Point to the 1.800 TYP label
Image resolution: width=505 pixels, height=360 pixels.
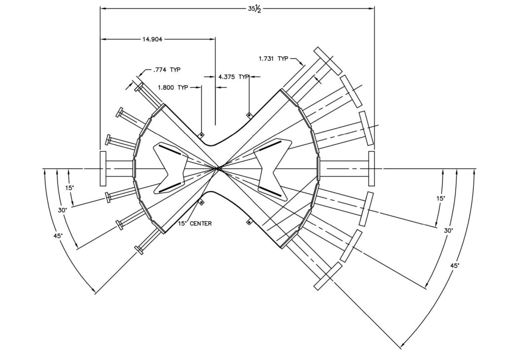pos(173,87)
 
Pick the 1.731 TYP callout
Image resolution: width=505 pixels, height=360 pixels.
pos(273,59)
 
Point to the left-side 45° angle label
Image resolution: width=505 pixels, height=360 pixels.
pos(58,236)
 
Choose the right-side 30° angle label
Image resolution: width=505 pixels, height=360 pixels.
pos(448,230)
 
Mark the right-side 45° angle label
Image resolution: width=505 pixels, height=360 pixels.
pos(455,265)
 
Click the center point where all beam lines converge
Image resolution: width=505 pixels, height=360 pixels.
pos(217,169)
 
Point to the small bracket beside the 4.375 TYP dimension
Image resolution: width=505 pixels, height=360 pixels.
pos(250,115)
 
